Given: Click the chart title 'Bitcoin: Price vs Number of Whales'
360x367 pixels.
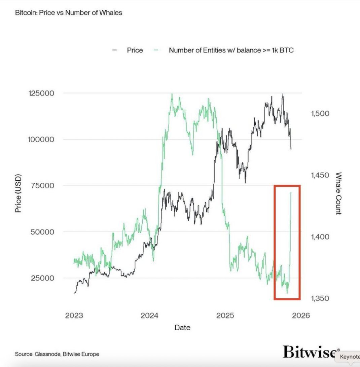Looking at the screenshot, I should (x=69, y=13).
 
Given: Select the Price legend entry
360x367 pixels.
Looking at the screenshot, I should (x=135, y=50).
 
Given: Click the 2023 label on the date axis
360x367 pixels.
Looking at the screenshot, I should (x=74, y=316).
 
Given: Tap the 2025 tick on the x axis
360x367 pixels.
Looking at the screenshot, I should (x=225, y=316).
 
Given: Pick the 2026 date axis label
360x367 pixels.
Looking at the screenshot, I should (x=300, y=316).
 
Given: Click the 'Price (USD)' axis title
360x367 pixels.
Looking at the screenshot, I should (x=18, y=193).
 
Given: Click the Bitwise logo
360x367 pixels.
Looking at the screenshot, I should (x=309, y=352).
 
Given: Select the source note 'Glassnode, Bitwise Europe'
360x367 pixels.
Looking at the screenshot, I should (x=57, y=354).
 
